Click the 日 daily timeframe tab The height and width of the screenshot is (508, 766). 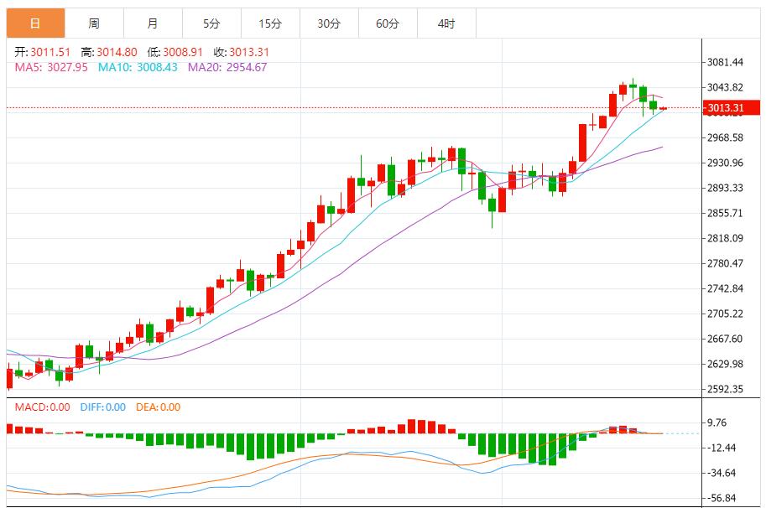35,23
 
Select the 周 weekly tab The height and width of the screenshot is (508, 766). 94,23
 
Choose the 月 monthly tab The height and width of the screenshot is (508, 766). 152,23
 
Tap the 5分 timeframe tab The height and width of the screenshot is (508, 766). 211,23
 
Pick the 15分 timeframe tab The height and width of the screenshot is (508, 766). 270,23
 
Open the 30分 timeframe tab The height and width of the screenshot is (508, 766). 329,23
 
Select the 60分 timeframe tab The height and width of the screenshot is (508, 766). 388,23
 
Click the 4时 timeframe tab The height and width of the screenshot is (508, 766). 446,23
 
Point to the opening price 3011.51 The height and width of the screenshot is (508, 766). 47,52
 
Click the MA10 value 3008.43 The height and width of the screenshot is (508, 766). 158,67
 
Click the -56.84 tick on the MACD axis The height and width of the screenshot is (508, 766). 724,497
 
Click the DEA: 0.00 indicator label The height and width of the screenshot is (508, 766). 159,407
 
